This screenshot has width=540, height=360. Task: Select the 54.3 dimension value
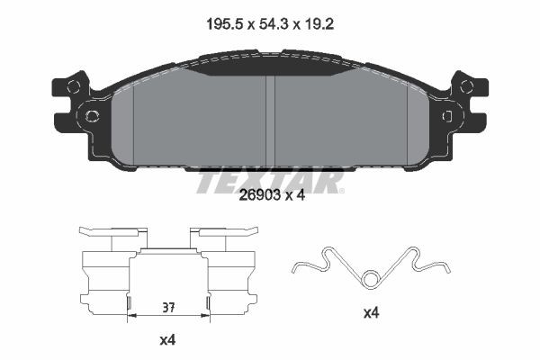[x=270, y=27]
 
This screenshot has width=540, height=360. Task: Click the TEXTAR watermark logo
[x=270, y=181]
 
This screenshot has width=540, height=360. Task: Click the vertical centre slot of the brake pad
[x=270, y=117]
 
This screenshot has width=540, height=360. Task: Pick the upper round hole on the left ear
[x=75, y=86]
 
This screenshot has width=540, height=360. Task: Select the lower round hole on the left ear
[x=91, y=115]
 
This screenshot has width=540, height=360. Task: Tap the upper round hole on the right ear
[x=465, y=86]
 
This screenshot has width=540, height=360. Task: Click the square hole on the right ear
[x=447, y=115]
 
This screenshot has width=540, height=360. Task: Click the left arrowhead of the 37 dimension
[x=132, y=316]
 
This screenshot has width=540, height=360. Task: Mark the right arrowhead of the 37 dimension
[x=207, y=316]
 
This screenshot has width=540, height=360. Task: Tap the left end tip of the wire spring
[x=295, y=268]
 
